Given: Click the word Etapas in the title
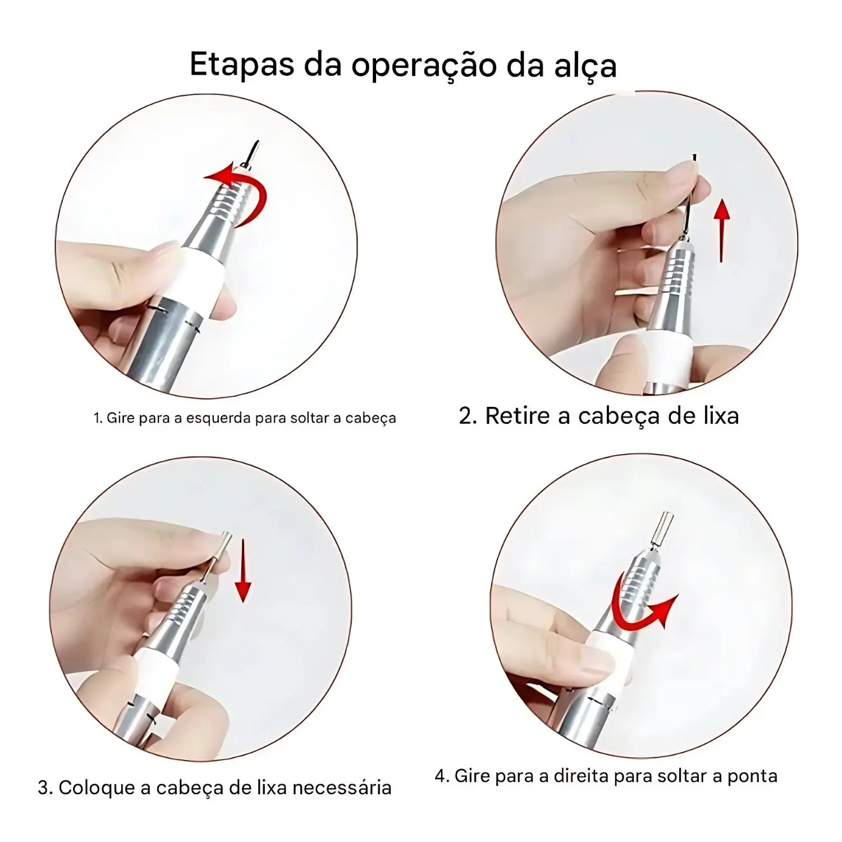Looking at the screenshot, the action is [x=242, y=65].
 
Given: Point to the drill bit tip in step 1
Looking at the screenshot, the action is [x=258, y=142].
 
